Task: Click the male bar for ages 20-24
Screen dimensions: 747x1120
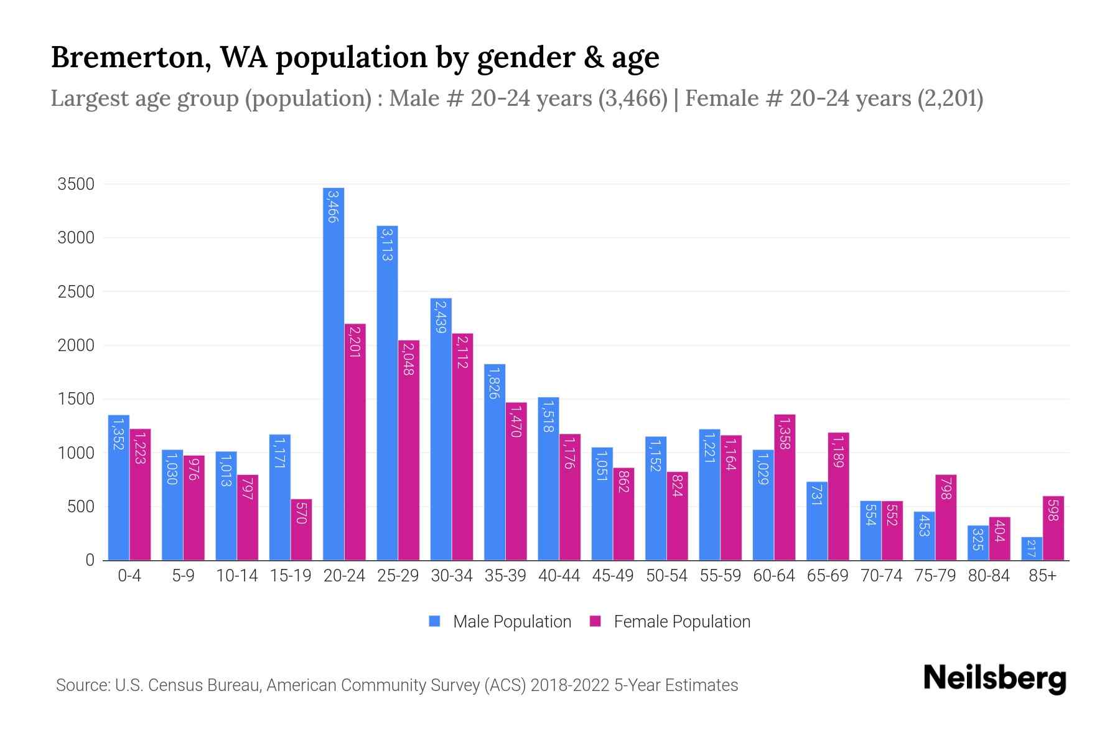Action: pyautogui.click(x=334, y=374)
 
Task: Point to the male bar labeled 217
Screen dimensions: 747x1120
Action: pyautogui.click(x=1032, y=548)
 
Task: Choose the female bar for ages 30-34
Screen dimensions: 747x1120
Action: pyautogui.click(x=462, y=446)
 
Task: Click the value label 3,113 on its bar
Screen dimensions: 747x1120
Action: pyautogui.click(x=387, y=244)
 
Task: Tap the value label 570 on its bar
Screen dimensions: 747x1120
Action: pyautogui.click(x=301, y=513)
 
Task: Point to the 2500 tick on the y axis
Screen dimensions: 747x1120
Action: pyautogui.click(x=76, y=292)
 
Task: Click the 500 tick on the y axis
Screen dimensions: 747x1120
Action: pyautogui.click(x=81, y=507)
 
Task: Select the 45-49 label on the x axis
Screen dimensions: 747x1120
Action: pyautogui.click(x=613, y=576)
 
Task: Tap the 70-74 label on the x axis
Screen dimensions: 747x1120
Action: pyautogui.click(x=881, y=576)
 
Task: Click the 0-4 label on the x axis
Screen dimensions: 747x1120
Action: pyautogui.click(x=129, y=576)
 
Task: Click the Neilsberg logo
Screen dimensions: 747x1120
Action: pyautogui.click(x=994, y=678)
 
